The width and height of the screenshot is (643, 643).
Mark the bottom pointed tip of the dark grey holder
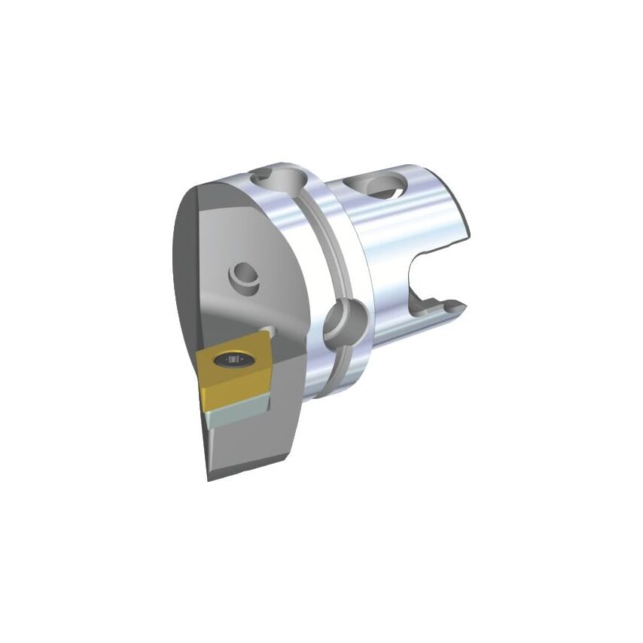pyautogui.click(x=210, y=476)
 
